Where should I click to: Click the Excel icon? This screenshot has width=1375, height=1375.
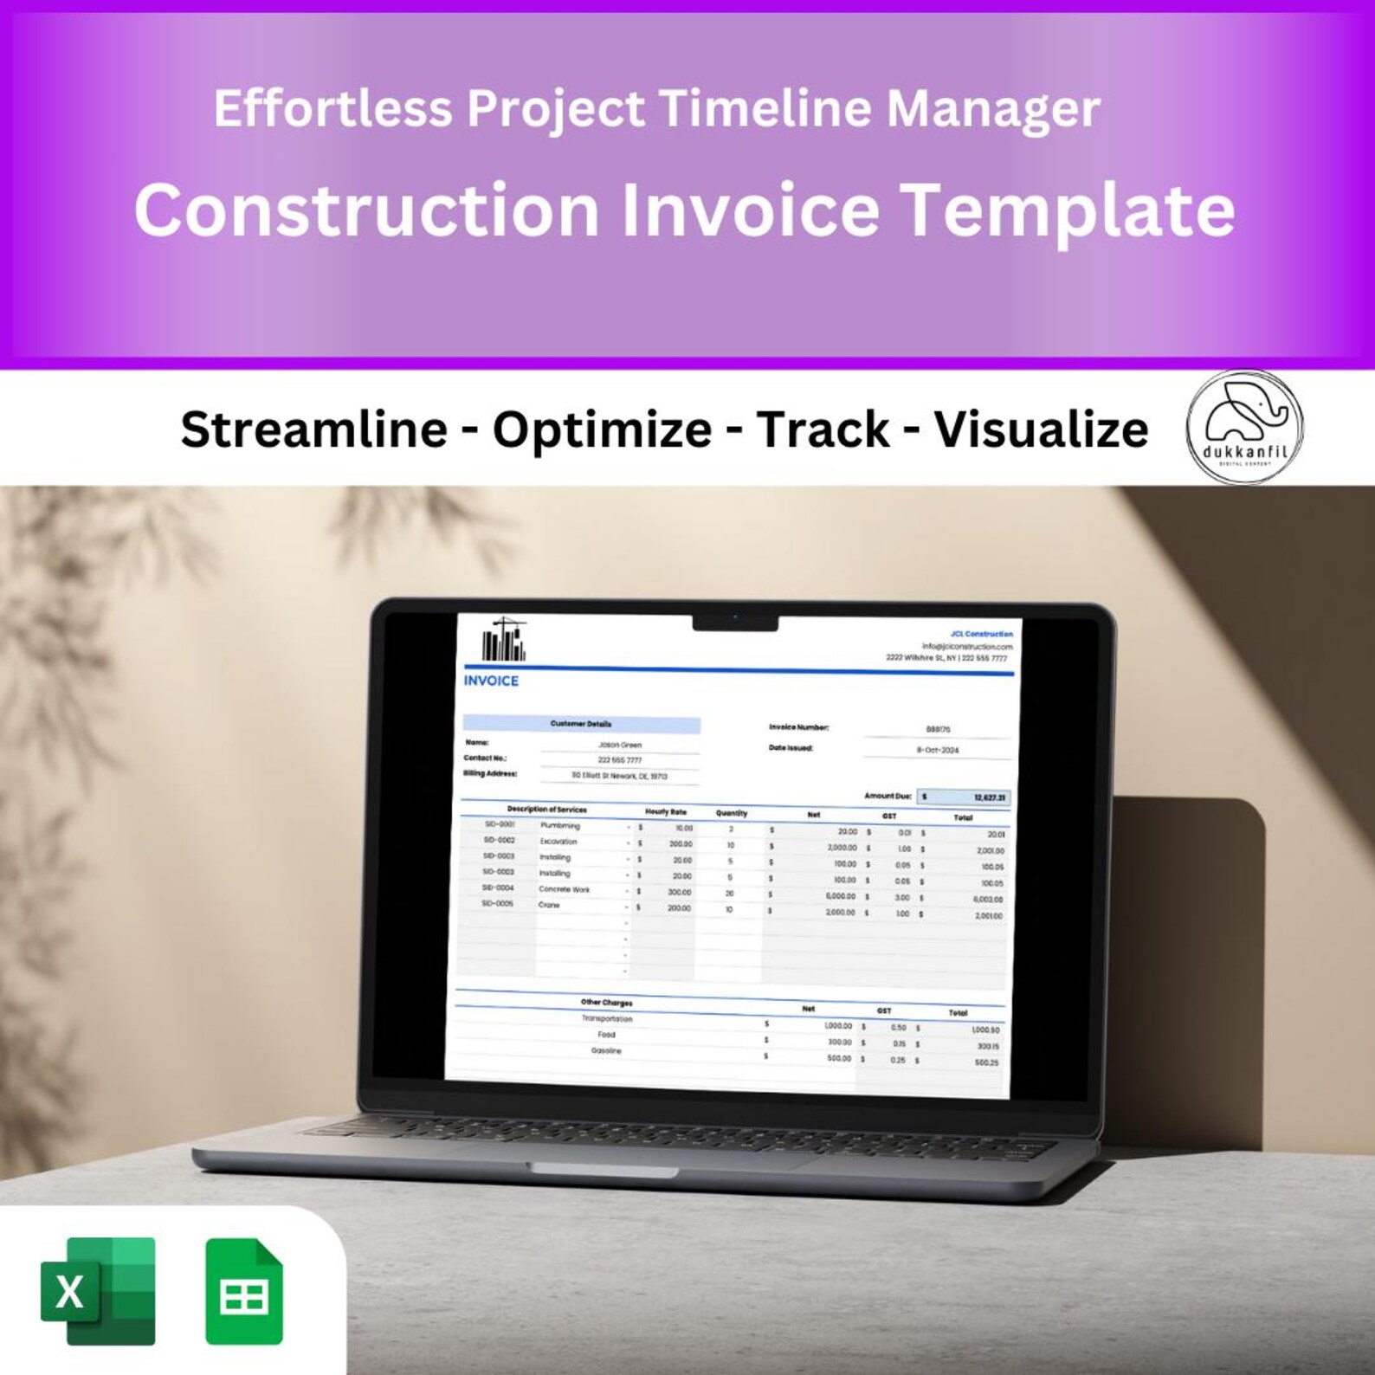[x=98, y=1291]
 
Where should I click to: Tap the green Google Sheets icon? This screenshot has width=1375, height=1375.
[x=244, y=1291]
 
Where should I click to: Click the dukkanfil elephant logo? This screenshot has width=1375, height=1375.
[x=1244, y=426]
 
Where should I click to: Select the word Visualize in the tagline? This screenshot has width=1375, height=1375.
[x=1041, y=429]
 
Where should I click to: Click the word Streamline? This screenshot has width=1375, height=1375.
[x=313, y=429]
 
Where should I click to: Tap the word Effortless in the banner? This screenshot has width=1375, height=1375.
[x=332, y=109]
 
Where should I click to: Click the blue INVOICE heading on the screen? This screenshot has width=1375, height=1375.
[x=491, y=681]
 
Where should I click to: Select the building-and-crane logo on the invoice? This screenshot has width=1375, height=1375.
[x=504, y=640]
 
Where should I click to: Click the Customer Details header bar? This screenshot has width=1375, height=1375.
[x=581, y=724]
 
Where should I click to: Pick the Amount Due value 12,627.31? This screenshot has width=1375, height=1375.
[x=989, y=797]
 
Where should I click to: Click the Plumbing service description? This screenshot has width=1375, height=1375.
[x=560, y=825]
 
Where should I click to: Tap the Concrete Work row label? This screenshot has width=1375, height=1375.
[x=564, y=889]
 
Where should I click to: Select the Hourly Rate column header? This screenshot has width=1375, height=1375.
[x=665, y=812]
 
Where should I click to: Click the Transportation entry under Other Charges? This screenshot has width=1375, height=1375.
[x=607, y=1019]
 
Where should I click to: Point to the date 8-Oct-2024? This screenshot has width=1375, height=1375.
[x=938, y=750]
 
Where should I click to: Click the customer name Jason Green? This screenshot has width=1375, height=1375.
[x=620, y=745]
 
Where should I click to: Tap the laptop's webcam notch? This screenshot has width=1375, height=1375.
[x=735, y=622]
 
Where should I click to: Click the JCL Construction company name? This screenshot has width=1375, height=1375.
[x=981, y=634]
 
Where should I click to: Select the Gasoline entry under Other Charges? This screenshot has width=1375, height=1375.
[x=606, y=1051]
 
